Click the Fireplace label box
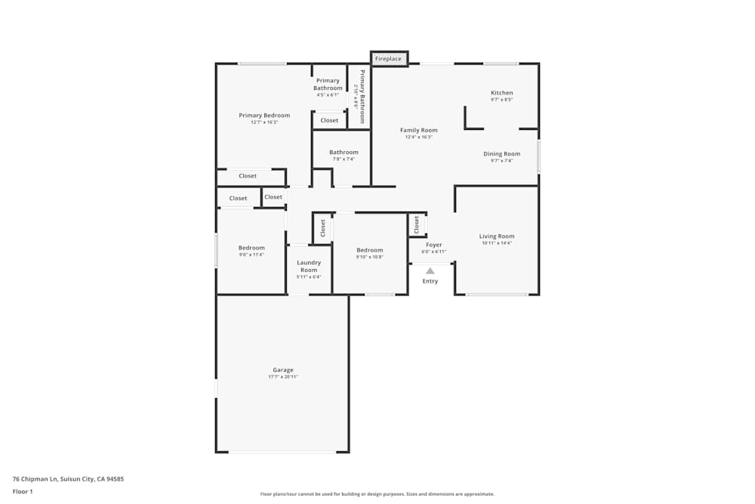coord(389,59)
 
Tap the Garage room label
coord(283,370)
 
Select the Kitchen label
coord(502,93)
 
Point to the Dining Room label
coord(502,154)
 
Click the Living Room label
coord(497,237)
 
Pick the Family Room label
coord(419,130)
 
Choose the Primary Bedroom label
coord(264,116)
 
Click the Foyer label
coord(434,245)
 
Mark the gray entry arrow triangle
coord(430,270)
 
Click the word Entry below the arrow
coord(430,281)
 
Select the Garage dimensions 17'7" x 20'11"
coord(283,377)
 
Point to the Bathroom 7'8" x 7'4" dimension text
coord(344,159)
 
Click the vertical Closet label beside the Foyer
coord(416,224)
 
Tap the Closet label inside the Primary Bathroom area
coord(329,120)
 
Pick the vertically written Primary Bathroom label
coord(362,97)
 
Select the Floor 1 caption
coord(23,491)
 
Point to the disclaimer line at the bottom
coord(377,494)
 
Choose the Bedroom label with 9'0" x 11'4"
coord(251,248)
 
